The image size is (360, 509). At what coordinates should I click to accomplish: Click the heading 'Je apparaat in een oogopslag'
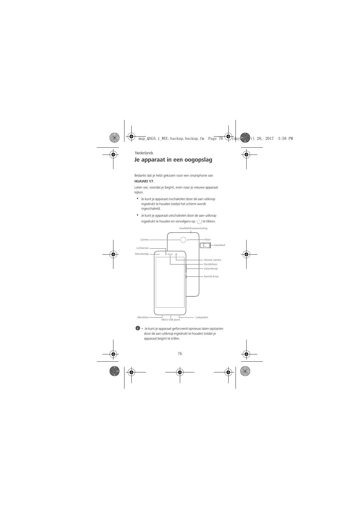click(173, 160)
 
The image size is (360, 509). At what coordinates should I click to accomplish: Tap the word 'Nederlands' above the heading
click(144, 153)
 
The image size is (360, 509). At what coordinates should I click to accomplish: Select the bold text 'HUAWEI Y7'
click(144, 181)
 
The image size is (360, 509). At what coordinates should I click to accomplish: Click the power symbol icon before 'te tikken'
click(199, 222)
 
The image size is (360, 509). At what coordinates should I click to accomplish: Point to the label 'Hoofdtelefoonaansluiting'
click(193, 228)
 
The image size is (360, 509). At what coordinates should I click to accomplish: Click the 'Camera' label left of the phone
click(144, 240)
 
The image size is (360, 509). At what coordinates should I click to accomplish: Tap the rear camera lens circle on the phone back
click(183, 240)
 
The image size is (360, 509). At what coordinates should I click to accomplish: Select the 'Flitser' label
click(207, 240)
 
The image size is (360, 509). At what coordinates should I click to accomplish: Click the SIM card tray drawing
click(205, 246)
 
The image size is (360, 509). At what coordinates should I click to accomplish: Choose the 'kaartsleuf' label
click(220, 245)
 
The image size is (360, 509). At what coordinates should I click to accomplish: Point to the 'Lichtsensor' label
click(143, 248)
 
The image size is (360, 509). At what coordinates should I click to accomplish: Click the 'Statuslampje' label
click(142, 254)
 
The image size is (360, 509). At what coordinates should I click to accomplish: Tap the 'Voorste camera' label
click(212, 260)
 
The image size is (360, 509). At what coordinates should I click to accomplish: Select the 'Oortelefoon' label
click(210, 264)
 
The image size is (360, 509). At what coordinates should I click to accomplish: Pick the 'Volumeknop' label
click(211, 269)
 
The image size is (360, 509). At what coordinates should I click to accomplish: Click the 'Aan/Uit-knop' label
click(211, 276)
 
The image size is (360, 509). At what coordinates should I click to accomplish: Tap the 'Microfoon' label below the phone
click(143, 317)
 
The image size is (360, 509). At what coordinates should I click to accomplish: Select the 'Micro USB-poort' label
click(171, 320)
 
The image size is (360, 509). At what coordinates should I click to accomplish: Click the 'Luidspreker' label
click(202, 317)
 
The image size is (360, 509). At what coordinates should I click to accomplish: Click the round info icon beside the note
click(137, 328)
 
